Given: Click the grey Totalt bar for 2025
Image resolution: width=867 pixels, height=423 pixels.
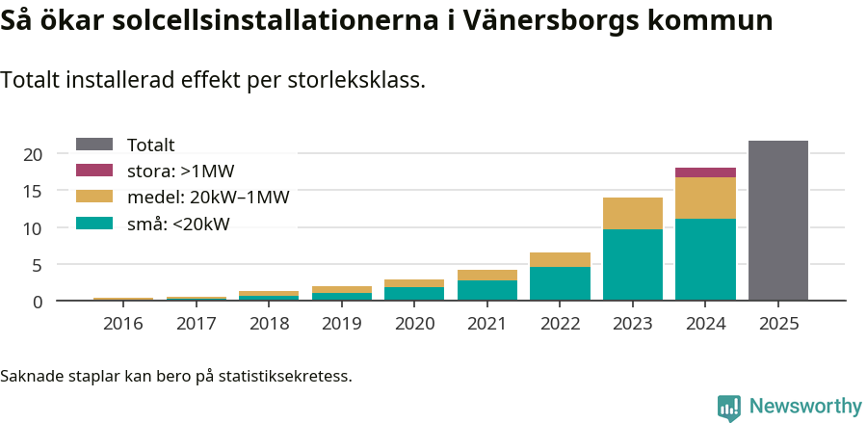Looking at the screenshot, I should [x=777, y=221].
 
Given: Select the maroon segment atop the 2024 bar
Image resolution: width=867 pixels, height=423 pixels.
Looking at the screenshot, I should [x=705, y=172].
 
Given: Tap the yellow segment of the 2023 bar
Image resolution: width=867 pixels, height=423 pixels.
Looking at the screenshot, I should [x=633, y=213].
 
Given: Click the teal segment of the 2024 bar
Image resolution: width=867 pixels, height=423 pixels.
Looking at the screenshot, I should [x=705, y=259].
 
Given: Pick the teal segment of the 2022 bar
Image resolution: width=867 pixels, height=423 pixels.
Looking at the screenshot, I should [x=560, y=283].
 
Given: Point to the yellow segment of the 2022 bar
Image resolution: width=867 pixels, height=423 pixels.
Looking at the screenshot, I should [x=560, y=259].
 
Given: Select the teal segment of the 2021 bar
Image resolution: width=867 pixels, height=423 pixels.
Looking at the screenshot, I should [x=486, y=290].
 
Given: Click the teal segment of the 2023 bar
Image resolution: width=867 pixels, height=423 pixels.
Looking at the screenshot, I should [x=633, y=265].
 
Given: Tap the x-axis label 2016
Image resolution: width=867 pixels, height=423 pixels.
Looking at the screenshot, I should [x=122, y=324].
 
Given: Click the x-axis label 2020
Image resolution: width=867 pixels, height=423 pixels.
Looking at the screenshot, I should [x=414, y=324].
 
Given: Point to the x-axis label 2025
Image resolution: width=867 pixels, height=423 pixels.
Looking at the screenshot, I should [x=778, y=324].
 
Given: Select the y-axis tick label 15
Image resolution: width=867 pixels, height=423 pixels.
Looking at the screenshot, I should [x=32, y=191].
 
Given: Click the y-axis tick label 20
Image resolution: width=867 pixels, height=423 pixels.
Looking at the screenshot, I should [x=32, y=154].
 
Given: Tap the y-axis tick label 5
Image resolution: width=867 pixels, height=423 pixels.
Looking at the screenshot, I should [x=37, y=265].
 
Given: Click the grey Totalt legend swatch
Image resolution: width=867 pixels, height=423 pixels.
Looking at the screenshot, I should [x=94, y=145].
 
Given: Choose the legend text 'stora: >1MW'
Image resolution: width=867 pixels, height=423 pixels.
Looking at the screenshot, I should [x=180, y=172].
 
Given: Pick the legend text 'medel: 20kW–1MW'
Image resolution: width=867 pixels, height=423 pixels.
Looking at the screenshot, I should [x=208, y=198].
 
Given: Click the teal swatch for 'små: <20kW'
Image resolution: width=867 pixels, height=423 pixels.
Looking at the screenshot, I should [x=94, y=224].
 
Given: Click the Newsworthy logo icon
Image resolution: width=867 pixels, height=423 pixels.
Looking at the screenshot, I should [x=728, y=407].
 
